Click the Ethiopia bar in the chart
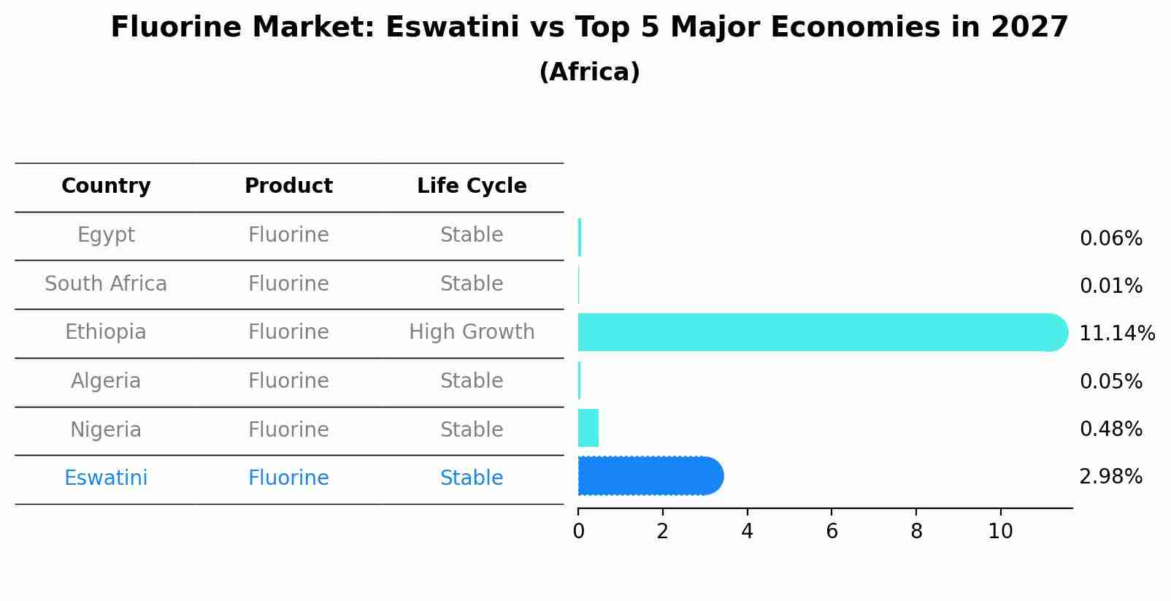coord(821,332)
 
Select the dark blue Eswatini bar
coord(650,476)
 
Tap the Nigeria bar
coord(588,428)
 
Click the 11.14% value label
coord(1116,334)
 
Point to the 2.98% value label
coord(1110,477)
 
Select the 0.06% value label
coord(1110,239)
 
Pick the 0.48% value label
coord(1110,429)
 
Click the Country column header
coord(106,186)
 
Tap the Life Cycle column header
coord(472,186)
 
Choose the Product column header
coord(288,186)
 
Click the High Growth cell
coord(472,332)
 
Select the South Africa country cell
coord(106,283)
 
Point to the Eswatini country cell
coord(106,478)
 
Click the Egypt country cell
coord(106,235)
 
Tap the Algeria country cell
coord(106,381)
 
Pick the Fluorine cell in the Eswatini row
coord(288,478)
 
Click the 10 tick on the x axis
coord(1000,532)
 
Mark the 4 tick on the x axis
coord(747,532)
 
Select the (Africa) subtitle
coord(589,72)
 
